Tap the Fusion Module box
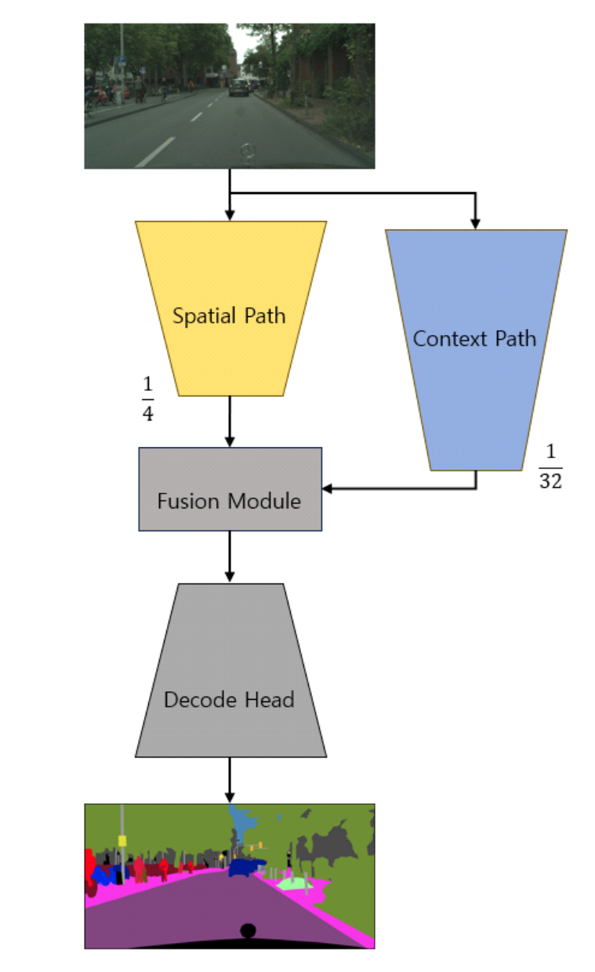tap(230, 489)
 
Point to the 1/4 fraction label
tap(147, 399)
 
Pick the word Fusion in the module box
tap(188, 501)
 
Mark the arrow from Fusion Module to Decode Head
tap(230, 557)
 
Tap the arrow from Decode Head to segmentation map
tap(230, 780)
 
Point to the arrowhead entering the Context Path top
tap(475, 223)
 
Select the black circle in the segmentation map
tap(248, 931)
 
